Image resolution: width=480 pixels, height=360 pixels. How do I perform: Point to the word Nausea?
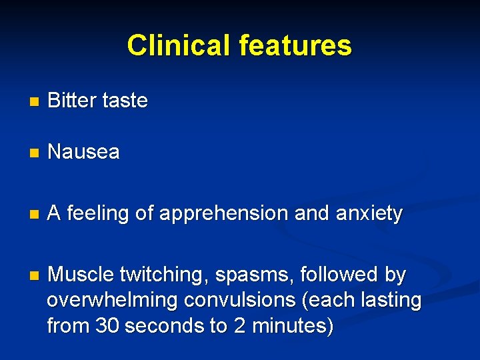(84, 152)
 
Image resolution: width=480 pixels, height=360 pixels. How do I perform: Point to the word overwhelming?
(112, 301)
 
